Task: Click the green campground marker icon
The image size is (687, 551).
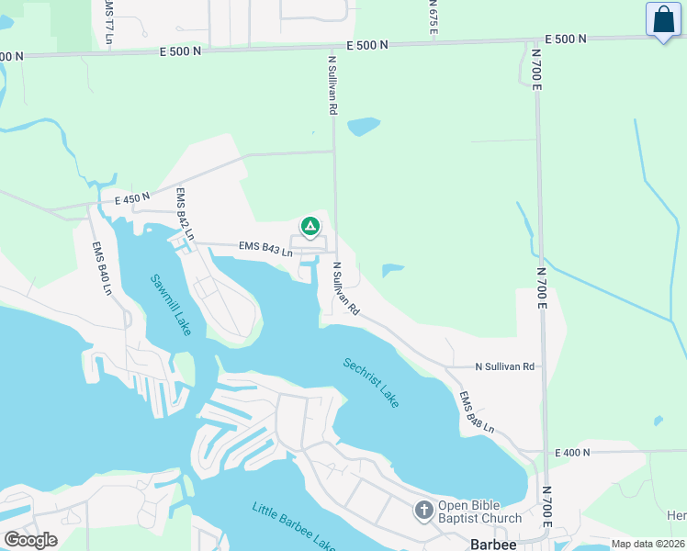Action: (x=310, y=226)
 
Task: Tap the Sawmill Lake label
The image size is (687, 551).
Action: (x=171, y=304)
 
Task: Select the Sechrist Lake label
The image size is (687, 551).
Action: (x=372, y=383)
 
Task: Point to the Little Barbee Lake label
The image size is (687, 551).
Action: (x=294, y=527)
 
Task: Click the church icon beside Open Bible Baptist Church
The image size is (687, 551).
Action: (x=423, y=511)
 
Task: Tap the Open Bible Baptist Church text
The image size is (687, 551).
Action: (x=479, y=512)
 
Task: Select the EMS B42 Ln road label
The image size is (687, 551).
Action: (x=185, y=214)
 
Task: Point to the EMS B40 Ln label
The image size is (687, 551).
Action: (x=101, y=268)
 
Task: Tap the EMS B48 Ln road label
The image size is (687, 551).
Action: (x=477, y=412)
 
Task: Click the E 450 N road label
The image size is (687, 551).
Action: (x=132, y=199)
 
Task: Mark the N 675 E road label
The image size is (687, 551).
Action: (x=432, y=17)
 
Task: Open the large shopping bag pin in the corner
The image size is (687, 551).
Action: (x=663, y=20)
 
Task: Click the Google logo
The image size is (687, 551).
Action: (x=31, y=539)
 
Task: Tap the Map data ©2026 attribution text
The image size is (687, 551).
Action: (x=647, y=544)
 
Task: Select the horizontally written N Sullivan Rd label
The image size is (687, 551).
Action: (x=504, y=366)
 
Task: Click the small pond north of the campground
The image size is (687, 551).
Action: (x=364, y=126)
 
